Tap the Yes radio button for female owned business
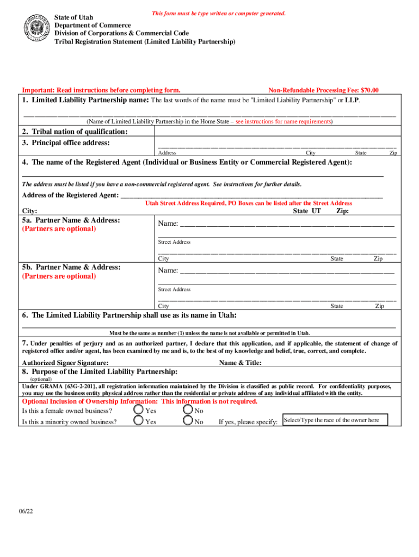click(139, 410)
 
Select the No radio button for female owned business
click(188, 410)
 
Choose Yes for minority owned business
click(139, 420)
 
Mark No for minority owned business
click(188, 420)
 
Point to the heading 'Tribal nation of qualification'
click(75, 132)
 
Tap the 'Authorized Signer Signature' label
click(65, 363)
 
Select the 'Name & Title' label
click(240, 363)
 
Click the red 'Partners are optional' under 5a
click(59, 229)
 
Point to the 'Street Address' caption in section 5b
click(174, 289)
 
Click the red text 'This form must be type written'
click(219, 13)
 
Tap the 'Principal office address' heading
click(66, 143)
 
